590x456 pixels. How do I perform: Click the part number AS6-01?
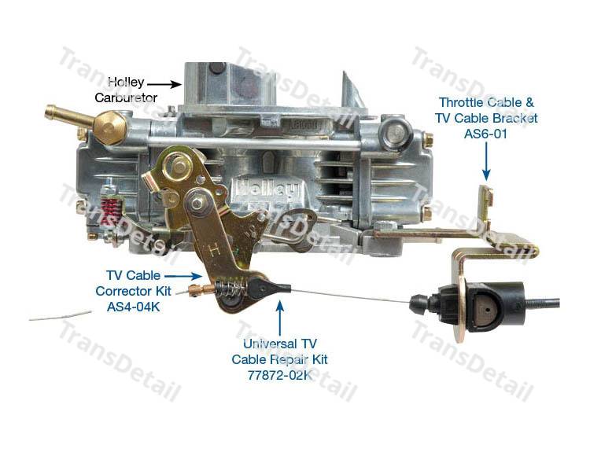tap(485, 134)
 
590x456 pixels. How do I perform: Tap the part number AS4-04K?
tap(133, 307)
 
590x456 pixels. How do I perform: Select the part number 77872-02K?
tap(279, 375)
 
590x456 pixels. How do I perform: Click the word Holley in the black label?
tap(126, 82)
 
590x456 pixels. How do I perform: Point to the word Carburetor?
tap(126, 97)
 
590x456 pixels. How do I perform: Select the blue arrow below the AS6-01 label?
tap(486, 162)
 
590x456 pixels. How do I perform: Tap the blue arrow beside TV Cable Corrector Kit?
tap(183, 276)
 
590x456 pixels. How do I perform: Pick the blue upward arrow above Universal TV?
tap(279, 318)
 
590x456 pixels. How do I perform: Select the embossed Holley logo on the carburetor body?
tap(267, 189)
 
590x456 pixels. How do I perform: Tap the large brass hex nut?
tap(110, 128)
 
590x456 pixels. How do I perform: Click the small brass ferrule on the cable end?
tap(199, 290)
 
